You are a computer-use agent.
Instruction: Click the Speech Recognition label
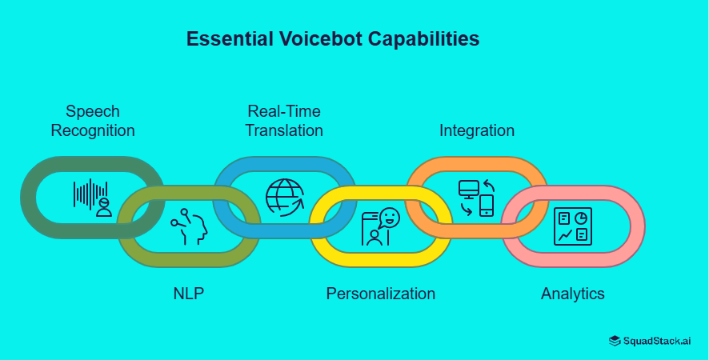click(93, 121)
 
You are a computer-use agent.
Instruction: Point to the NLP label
click(189, 294)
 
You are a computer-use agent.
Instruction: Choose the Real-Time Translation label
click(284, 121)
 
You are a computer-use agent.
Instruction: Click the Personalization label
click(381, 294)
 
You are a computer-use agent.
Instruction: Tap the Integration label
click(477, 130)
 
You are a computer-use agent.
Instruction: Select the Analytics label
click(573, 294)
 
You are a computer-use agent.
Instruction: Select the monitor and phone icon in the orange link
click(476, 198)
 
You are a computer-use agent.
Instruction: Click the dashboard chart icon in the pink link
click(573, 226)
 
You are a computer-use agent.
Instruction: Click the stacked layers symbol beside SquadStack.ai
click(615, 341)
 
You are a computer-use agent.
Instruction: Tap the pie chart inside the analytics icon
click(582, 218)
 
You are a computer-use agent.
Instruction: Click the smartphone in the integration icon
click(487, 206)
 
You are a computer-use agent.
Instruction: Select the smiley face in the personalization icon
click(390, 217)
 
